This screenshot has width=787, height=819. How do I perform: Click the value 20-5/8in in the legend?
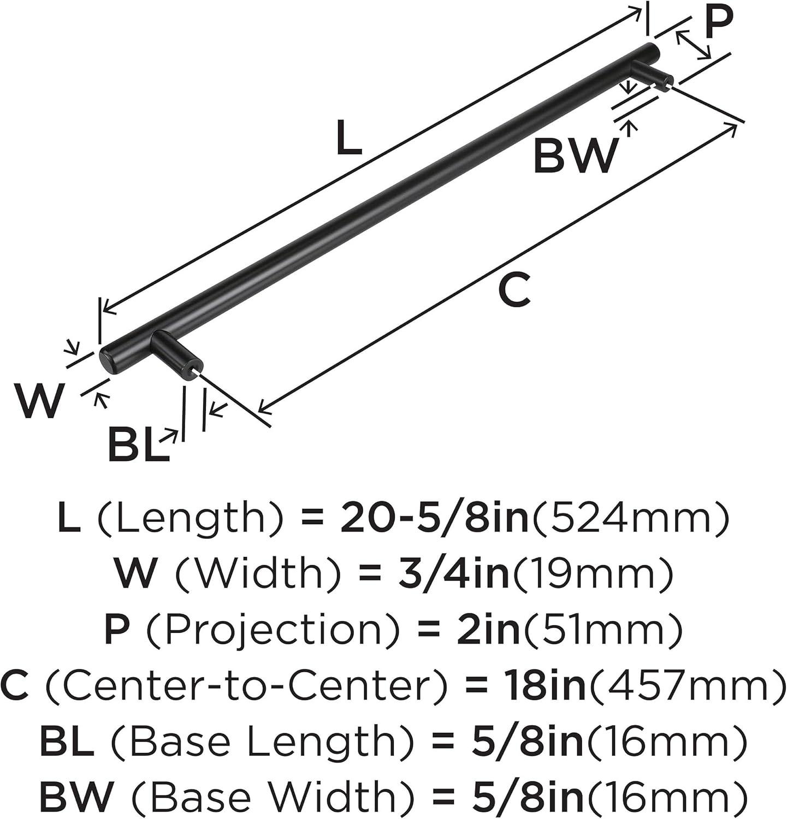pos(434,518)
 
